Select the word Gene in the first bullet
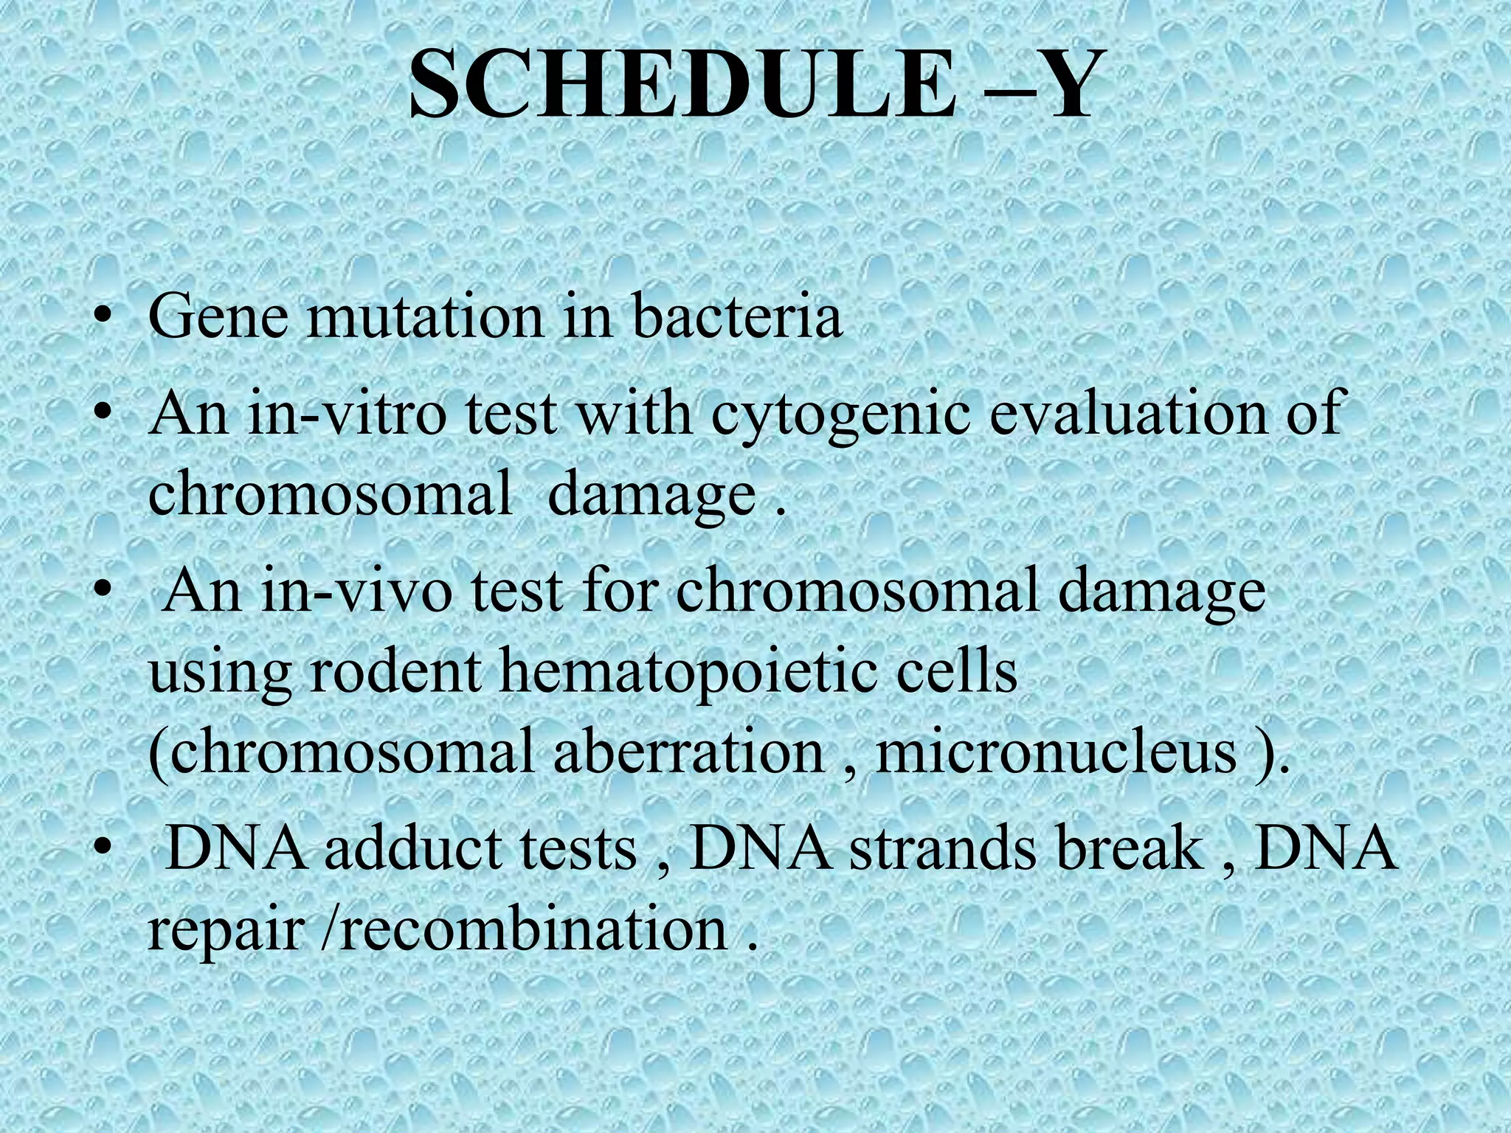[x=219, y=316]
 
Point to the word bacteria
[x=736, y=316]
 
